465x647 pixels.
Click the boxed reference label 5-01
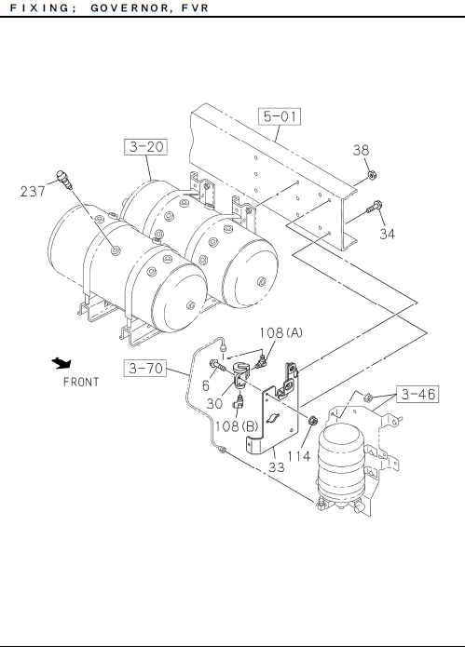[280, 116]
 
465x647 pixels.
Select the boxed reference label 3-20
[145, 147]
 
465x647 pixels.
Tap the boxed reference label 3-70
[145, 368]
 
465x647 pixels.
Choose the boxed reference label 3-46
[417, 394]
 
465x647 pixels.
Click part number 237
[33, 192]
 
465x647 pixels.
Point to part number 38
[361, 150]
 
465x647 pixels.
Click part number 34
[388, 234]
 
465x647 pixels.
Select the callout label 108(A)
[280, 332]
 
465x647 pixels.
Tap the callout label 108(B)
[237, 426]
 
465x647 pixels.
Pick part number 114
[298, 456]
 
